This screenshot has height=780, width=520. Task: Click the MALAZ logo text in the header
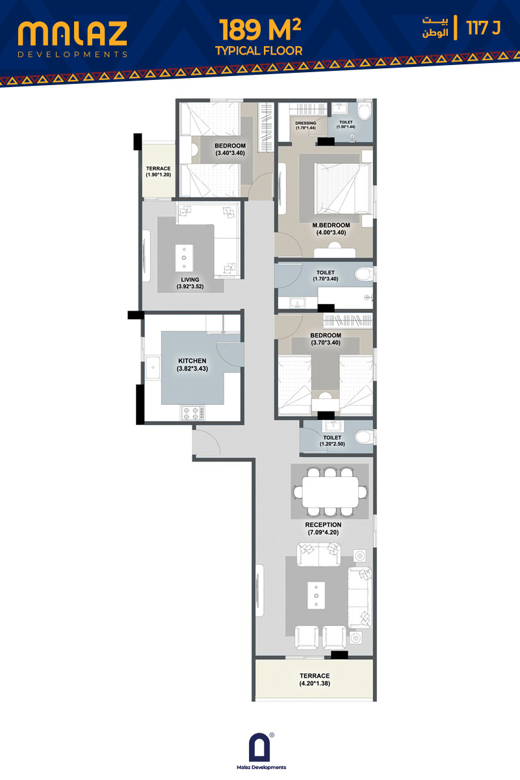(x=72, y=34)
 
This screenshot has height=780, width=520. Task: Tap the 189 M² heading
(x=259, y=30)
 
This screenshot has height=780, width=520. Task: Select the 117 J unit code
(x=484, y=27)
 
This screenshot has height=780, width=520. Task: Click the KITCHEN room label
(x=192, y=361)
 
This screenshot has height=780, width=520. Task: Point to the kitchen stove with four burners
(x=193, y=413)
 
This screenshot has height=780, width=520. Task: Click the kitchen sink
(x=153, y=367)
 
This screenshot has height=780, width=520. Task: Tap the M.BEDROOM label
(x=331, y=226)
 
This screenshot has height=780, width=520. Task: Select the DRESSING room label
(x=305, y=123)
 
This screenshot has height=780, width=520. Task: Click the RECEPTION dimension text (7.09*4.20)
(x=323, y=532)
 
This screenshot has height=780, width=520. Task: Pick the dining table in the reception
(x=330, y=492)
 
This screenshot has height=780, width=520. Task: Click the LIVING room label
(x=190, y=279)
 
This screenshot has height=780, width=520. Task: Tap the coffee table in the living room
(x=184, y=258)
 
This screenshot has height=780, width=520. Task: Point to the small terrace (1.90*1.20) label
(x=158, y=168)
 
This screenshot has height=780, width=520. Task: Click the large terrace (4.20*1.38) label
(x=315, y=676)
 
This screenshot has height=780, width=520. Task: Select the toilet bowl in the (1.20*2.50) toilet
(x=363, y=437)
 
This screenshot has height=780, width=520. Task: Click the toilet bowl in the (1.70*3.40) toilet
(x=364, y=274)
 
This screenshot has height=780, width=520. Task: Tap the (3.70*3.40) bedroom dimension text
(x=326, y=343)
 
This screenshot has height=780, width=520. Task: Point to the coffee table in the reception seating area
(x=317, y=595)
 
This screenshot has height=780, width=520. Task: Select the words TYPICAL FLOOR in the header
(x=259, y=51)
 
